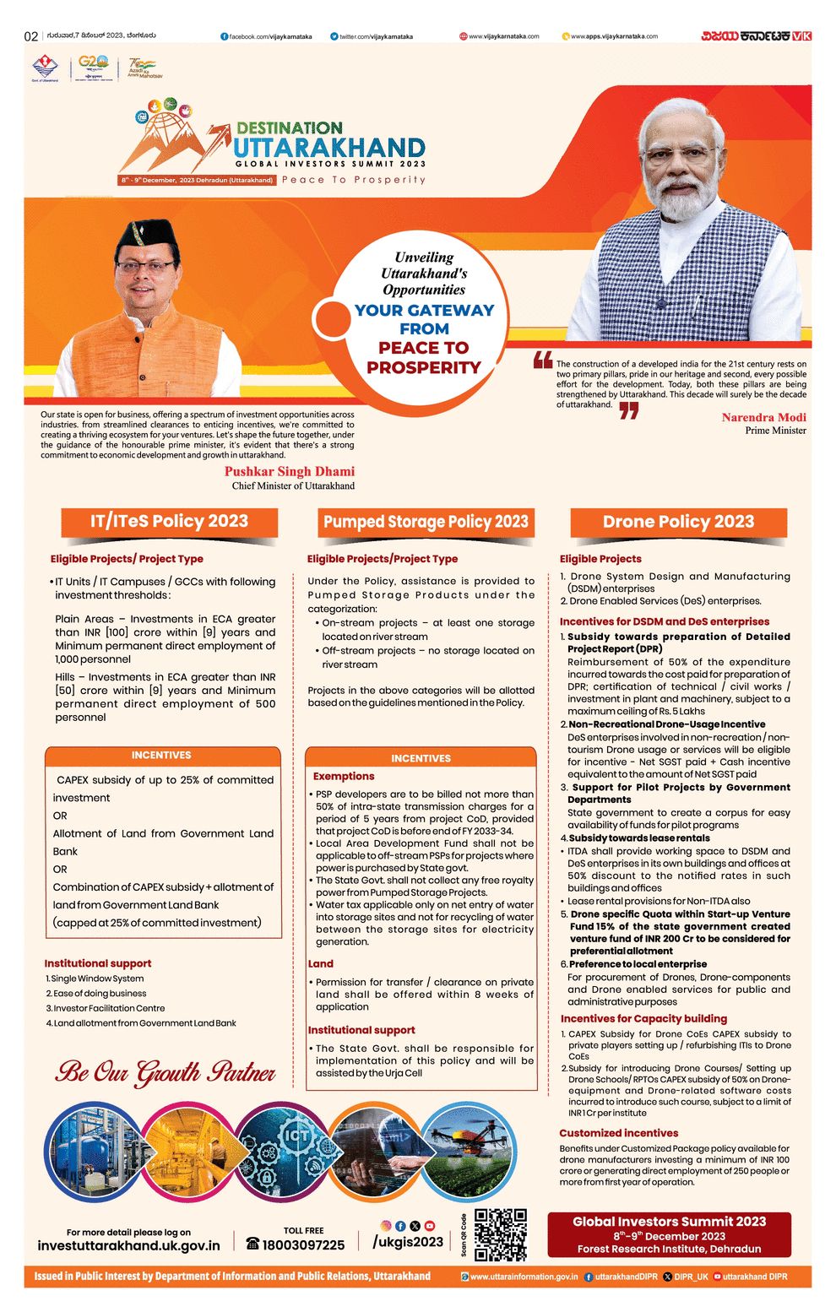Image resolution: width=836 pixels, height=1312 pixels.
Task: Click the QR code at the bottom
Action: tap(500, 1234)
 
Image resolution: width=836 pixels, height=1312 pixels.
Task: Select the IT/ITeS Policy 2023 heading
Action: tap(169, 521)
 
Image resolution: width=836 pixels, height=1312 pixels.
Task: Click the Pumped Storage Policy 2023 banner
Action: tap(426, 522)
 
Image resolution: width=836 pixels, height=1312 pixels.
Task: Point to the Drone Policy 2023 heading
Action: tap(678, 522)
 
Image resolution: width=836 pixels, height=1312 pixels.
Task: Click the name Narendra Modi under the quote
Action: tap(763, 417)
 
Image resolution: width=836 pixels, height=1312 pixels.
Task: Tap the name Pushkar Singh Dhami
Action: tap(289, 471)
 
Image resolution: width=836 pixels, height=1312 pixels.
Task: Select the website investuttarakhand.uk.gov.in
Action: tap(128, 1245)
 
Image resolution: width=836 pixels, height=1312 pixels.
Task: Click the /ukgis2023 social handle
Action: tap(408, 1241)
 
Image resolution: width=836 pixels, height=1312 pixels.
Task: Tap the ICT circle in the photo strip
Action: tap(296, 1136)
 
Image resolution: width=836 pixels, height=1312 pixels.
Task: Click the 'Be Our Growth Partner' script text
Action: tap(166, 1072)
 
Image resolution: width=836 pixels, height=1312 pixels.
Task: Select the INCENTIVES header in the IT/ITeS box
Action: tap(161, 755)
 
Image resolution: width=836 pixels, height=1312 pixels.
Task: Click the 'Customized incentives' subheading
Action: tap(618, 1133)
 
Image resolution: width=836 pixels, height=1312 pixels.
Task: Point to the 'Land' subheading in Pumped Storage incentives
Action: tap(320, 963)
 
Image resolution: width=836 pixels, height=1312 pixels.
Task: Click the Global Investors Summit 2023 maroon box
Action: tap(669, 1234)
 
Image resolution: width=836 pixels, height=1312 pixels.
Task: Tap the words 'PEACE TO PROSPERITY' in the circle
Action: tap(423, 357)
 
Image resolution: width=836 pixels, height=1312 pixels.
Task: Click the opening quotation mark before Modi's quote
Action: tap(542, 361)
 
